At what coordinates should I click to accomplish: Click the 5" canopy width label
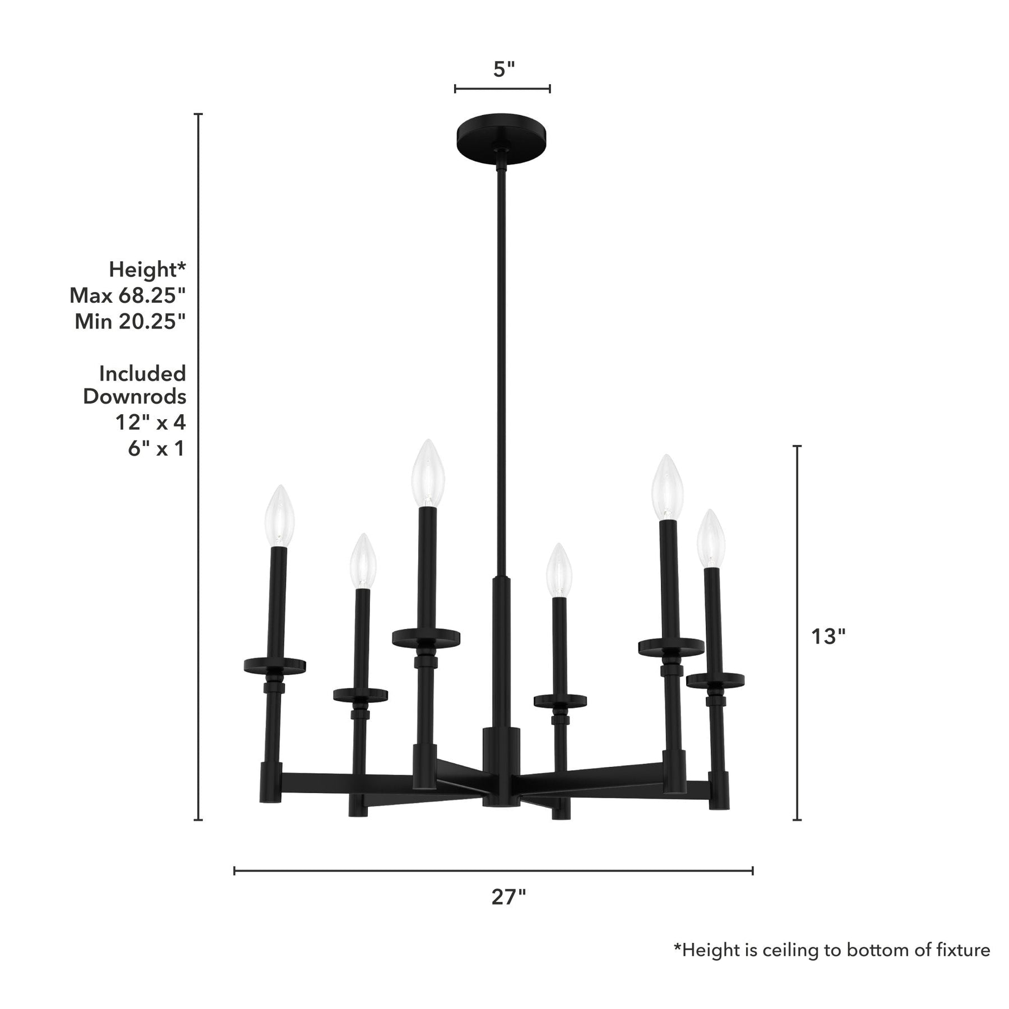[503, 69]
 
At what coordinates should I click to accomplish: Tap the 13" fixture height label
[828, 636]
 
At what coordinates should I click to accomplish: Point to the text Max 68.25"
[127, 295]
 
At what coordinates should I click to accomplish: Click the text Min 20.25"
[130, 321]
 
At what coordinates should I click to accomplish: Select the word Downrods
[135, 397]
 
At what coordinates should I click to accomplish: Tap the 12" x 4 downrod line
[150, 422]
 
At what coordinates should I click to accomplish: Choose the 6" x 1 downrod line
[156, 448]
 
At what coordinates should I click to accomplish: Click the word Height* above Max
[147, 269]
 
